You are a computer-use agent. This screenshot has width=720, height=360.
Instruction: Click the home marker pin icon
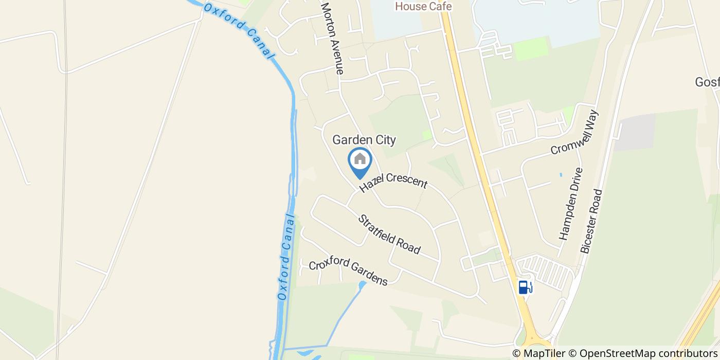pyautogui.click(x=360, y=160)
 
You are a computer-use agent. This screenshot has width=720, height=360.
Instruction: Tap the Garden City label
pyautogui.click(x=364, y=139)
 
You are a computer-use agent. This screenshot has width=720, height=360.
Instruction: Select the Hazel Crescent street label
pyautogui.click(x=393, y=184)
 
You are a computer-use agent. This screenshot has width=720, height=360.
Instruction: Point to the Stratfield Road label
pyautogui.click(x=389, y=234)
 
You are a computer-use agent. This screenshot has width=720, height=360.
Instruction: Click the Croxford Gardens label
pyautogui.click(x=348, y=272)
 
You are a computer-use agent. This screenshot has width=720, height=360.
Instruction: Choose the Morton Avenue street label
pyautogui.click(x=332, y=39)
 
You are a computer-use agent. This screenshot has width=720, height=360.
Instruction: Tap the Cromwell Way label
pyautogui.click(x=575, y=139)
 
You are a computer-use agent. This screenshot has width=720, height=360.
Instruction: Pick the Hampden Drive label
pyautogui.click(x=571, y=204)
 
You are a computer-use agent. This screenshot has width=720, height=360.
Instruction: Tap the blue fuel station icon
pyautogui.click(x=524, y=287)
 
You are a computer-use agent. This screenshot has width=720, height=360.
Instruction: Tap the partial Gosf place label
pyautogui.click(x=707, y=82)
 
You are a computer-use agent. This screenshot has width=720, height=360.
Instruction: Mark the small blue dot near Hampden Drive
pyautogui.click(x=561, y=175)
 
